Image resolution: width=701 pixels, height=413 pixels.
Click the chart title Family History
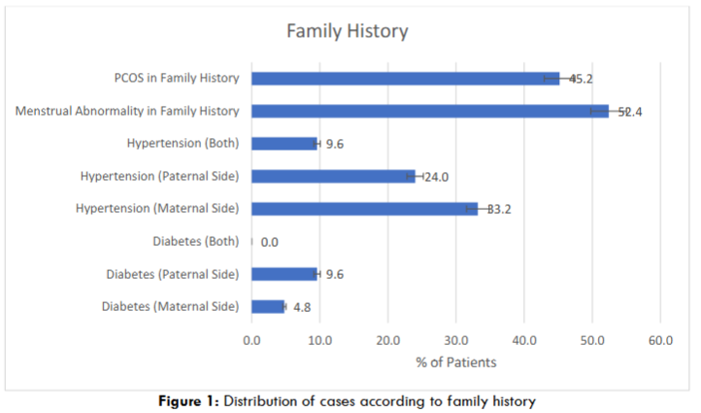pos(347,31)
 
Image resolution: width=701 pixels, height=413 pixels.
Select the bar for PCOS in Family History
pos(405,78)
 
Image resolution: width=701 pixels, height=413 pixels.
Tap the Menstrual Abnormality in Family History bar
pos(429,111)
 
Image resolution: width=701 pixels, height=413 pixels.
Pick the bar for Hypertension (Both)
pos(284,144)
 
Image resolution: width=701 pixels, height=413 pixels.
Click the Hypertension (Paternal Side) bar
pos(333,176)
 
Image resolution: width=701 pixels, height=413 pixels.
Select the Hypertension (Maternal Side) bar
pos(364,208)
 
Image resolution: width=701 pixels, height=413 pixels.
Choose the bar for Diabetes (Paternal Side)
pos(284,274)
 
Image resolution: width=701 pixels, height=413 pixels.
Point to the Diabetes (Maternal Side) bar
pos(268,306)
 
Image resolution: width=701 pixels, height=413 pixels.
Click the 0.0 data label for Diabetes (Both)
pos(270,242)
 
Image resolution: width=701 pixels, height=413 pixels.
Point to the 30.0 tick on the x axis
pos(456,340)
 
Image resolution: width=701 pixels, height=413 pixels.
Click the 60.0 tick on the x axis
pos(660,340)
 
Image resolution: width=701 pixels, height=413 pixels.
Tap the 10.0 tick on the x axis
pos(319,340)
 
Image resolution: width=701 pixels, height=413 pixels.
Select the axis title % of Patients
pos(455,362)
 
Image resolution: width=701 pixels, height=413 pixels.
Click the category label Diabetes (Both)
pos(195,241)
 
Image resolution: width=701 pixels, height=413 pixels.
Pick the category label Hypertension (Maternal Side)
pos(157,208)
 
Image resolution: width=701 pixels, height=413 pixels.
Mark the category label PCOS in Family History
pos(176,78)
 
